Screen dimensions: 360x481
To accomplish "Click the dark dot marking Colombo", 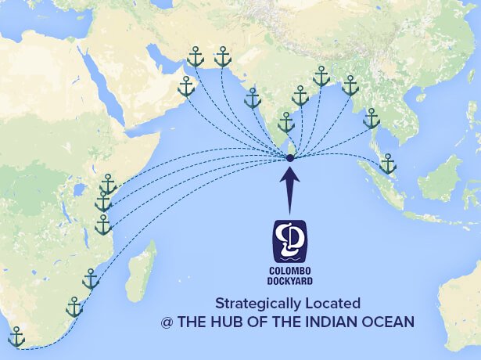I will pos(290,158).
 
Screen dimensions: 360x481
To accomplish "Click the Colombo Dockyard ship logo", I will pos(289,241).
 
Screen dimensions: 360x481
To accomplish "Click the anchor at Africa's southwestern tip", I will pos(16,337).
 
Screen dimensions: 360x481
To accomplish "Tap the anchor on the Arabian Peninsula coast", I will pos(186,86).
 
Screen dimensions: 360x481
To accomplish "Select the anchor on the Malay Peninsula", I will pos(387,164).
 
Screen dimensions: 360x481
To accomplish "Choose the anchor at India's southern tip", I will pos(286,122).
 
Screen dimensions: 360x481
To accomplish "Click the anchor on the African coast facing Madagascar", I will pos(91,279).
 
